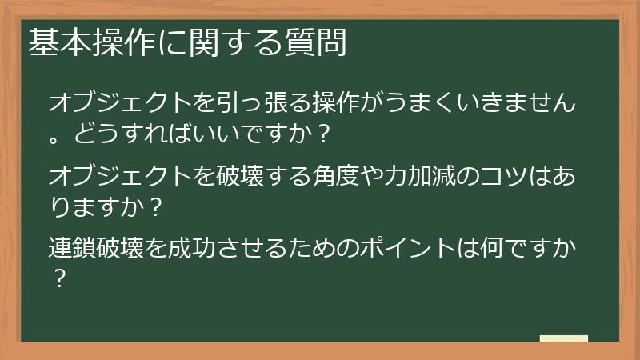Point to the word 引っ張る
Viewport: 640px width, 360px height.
point(277,102)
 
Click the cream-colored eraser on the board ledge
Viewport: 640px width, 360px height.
point(563,338)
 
